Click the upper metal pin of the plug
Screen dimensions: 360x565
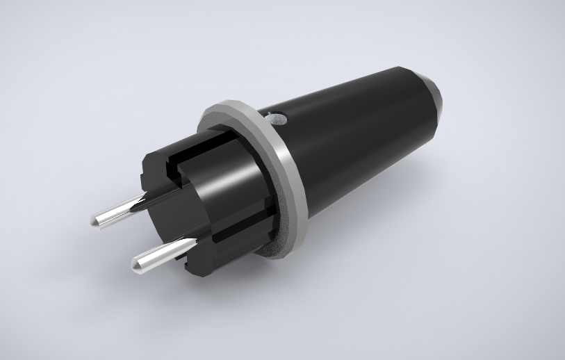point(118,211)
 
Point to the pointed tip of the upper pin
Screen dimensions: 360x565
point(95,222)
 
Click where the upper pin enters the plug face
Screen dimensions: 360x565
point(141,202)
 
